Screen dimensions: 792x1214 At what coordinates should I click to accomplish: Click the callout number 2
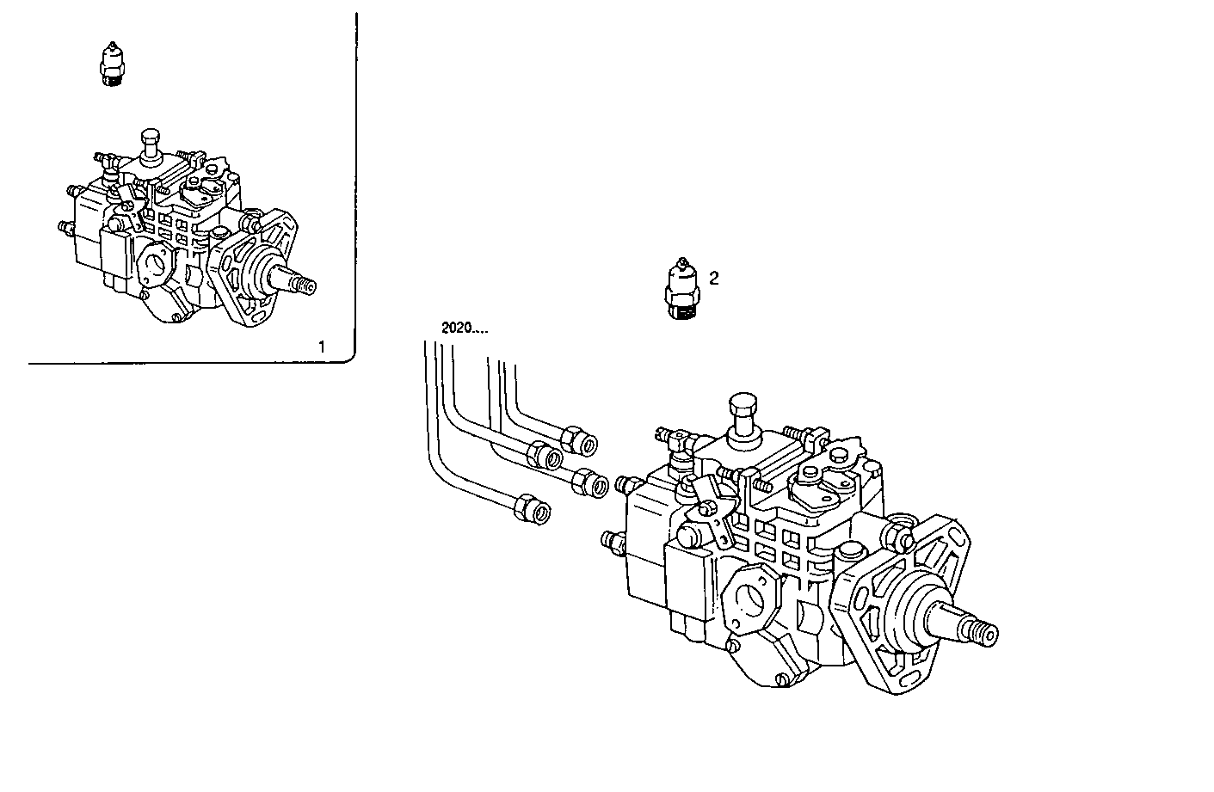click(x=713, y=278)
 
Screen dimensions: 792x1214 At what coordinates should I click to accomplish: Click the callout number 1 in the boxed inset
click(x=322, y=347)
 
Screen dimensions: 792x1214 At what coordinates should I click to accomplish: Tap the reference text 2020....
click(x=465, y=328)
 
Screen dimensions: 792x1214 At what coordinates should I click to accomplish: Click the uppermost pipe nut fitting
click(x=587, y=443)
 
